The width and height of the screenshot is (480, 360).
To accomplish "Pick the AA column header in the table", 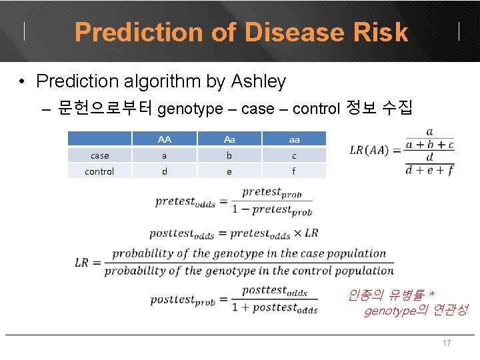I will pyautogui.click(x=165, y=139).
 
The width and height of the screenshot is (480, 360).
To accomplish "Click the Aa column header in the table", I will pyautogui.click(x=229, y=139).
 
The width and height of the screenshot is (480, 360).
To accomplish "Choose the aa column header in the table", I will pyautogui.click(x=294, y=139).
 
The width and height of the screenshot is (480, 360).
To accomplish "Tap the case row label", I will pyautogui.click(x=100, y=155).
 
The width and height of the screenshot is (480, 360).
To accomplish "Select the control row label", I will pyautogui.click(x=100, y=171).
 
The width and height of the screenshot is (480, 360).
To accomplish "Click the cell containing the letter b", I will pyautogui.click(x=229, y=155).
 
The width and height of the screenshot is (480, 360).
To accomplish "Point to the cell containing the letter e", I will pyautogui.click(x=229, y=171).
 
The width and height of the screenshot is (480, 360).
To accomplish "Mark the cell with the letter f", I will pyautogui.click(x=294, y=171).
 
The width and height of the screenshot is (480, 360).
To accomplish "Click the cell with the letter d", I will pyautogui.click(x=165, y=171).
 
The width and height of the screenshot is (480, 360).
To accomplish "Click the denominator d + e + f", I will pyautogui.click(x=429, y=170).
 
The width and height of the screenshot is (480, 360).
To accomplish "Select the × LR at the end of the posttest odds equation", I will pyautogui.click(x=306, y=233).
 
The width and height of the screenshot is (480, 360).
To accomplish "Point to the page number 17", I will pyautogui.click(x=447, y=343).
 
